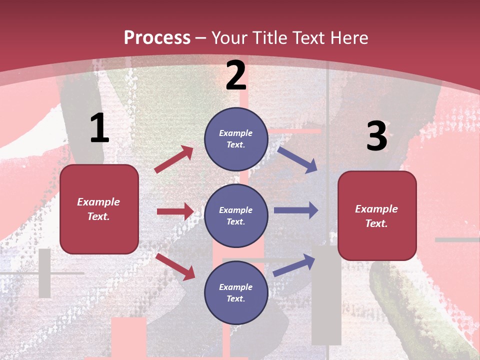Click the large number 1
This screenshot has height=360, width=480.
click(x=99, y=128)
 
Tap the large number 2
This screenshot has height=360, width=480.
click(x=236, y=75)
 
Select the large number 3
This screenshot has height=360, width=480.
click(x=376, y=136)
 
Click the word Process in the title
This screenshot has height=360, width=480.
click(x=157, y=37)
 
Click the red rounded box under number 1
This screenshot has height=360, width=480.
click(x=99, y=209)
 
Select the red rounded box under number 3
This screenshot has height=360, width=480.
click(x=377, y=216)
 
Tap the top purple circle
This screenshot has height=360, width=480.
click(x=236, y=139)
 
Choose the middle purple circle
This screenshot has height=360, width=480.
click(x=236, y=215)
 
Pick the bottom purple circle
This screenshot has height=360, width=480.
click(x=236, y=292)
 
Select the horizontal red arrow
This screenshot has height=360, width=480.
click(x=175, y=211)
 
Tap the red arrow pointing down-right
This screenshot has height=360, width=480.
click(x=175, y=266)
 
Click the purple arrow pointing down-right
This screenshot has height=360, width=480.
click(x=297, y=159)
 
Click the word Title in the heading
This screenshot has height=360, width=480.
click(x=270, y=37)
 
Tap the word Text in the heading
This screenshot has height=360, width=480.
click(x=307, y=37)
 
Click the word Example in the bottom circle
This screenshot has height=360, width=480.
click(x=236, y=287)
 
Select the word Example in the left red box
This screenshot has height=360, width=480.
click(x=98, y=202)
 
